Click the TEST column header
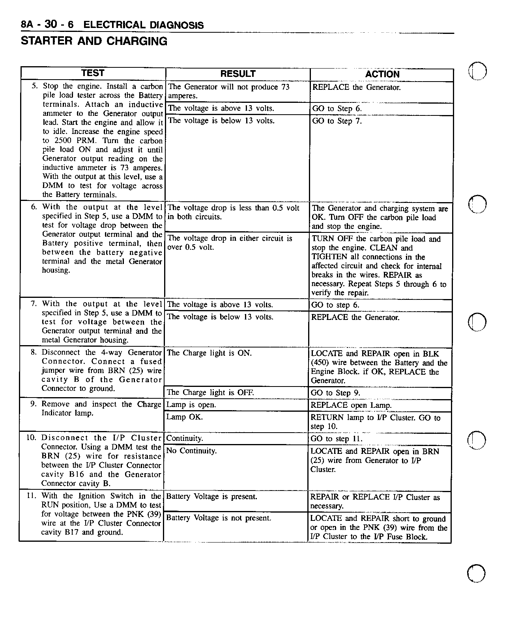pos(93,73)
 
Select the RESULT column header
pos(238,74)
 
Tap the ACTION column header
pos(382,74)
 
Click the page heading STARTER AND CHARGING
pos(94,41)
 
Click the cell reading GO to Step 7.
pos(337,121)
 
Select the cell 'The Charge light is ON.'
pos(209,353)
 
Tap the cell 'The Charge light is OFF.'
pos(210,392)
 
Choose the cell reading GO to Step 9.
pos(335,393)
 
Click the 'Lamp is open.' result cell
pos(191,405)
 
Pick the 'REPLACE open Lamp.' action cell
pos(351,405)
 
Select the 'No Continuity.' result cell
pos(192,451)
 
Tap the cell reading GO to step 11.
pos(337,439)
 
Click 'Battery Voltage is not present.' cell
pos(219,518)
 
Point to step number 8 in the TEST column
pos(34,352)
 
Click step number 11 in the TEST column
pos(31,496)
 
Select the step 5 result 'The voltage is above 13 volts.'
pos(221,108)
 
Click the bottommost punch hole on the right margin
pos(476,573)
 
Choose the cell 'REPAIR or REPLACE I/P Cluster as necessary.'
pos(375,501)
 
